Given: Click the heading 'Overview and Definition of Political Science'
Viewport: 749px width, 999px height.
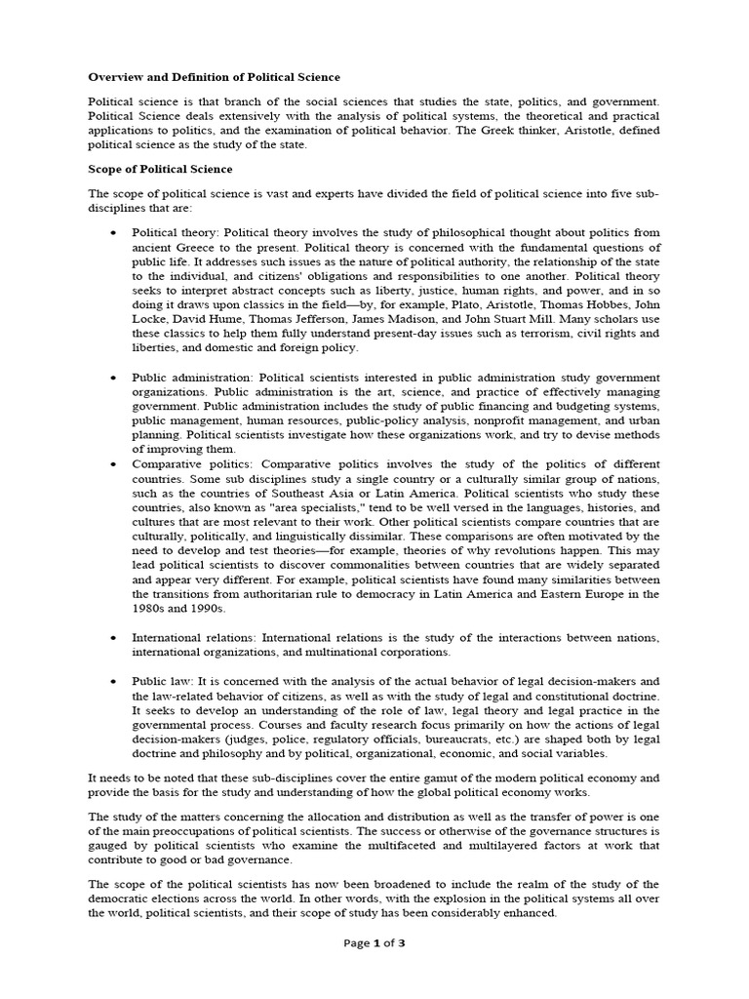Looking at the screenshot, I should tap(215, 76).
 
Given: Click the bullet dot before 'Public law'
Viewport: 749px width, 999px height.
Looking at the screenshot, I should tap(114, 680).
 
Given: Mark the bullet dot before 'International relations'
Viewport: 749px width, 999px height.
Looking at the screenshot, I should tap(114, 637).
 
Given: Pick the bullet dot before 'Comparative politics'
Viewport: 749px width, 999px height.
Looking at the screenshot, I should tap(114, 463).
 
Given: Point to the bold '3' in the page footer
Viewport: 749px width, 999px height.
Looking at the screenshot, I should tap(402, 970).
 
